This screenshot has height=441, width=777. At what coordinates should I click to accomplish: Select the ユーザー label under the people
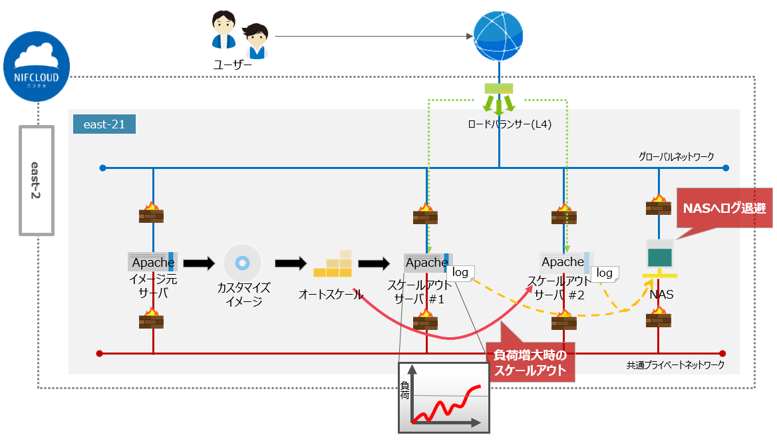232,65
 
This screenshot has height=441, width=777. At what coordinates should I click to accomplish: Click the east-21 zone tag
104,124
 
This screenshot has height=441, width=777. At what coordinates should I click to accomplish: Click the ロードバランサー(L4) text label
499,124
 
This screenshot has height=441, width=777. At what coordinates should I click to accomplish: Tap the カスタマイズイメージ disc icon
243,263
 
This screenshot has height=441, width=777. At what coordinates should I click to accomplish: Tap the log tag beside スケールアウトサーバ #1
460,272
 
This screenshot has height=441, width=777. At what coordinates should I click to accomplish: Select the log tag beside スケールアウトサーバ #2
604,273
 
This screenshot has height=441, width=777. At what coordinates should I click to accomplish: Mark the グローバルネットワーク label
676,157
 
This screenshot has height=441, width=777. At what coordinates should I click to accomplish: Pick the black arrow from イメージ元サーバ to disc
199,263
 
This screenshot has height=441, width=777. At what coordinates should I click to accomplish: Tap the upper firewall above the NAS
658,205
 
